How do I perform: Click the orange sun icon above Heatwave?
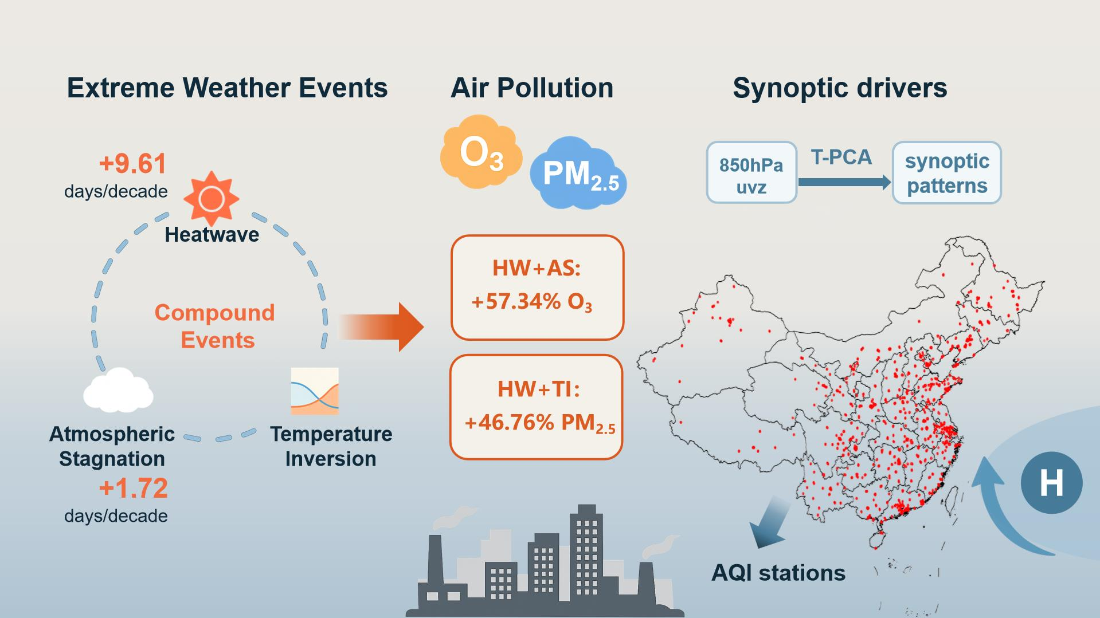(x=211, y=199)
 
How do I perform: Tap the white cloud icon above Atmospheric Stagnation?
(x=118, y=390)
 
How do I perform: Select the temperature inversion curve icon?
(x=315, y=391)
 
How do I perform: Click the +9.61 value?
(x=132, y=164)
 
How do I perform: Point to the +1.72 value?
(x=134, y=489)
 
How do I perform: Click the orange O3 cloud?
(x=481, y=152)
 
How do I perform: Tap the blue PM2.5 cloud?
(x=578, y=172)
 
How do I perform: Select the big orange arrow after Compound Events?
(x=381, y=327)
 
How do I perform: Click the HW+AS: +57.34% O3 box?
(x=537, y=288)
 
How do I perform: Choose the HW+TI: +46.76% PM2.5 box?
(x=537, y=407)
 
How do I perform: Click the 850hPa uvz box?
(x=751, y=172)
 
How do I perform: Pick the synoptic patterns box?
(x=947, y=173)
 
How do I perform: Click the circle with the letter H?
(x=1051, y=482)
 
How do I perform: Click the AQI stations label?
(x=778, y=573)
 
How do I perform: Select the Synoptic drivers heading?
(x=840, y=88)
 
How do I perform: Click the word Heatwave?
(x=212, y=234)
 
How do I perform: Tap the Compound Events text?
(x=215, y=326)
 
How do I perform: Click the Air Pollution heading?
(x=532, y=88)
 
